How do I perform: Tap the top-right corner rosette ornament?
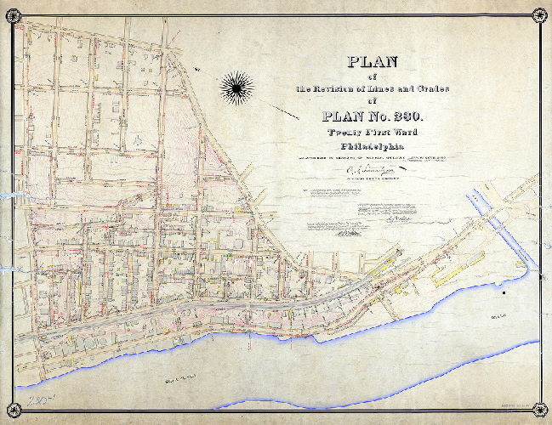[x=538, y=14]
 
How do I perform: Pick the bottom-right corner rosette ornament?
[x=538, y=411]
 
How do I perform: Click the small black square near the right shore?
[x=504, y=293]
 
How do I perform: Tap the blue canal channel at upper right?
[x=506, y=226]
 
